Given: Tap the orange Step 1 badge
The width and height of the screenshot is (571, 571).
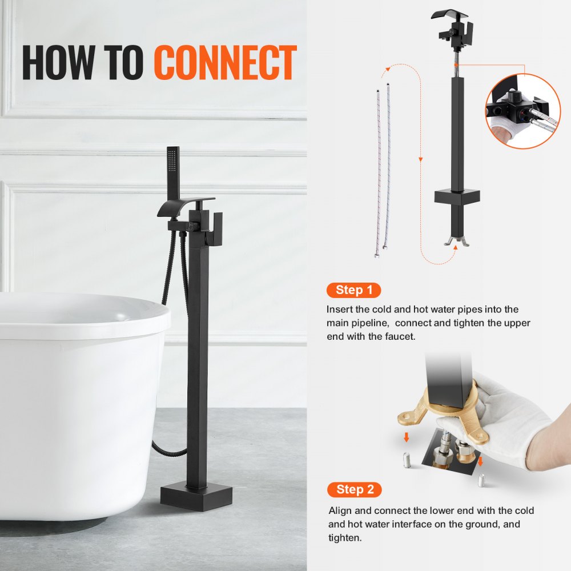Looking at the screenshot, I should pyautogui.click(x=353, y=290).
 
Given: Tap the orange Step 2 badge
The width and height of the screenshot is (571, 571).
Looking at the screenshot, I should pyautogui.click(x=354, y=489).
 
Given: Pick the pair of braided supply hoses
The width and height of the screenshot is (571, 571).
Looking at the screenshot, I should pyautogui.click(x=382, y=171).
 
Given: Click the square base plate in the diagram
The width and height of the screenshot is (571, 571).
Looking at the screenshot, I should pyautogui.click(x=456, y=197).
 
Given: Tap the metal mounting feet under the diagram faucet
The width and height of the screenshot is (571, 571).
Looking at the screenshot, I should pyautogui.click(x=457, y=240).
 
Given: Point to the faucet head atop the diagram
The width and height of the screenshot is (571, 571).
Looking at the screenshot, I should pyautogui.click(x=453, y=26).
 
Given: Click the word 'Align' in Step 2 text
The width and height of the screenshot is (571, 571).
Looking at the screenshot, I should pyautogui.click(x=340, y=510).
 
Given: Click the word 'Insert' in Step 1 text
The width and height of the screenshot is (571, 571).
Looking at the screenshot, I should pyautogui.click(x=341, y=309).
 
